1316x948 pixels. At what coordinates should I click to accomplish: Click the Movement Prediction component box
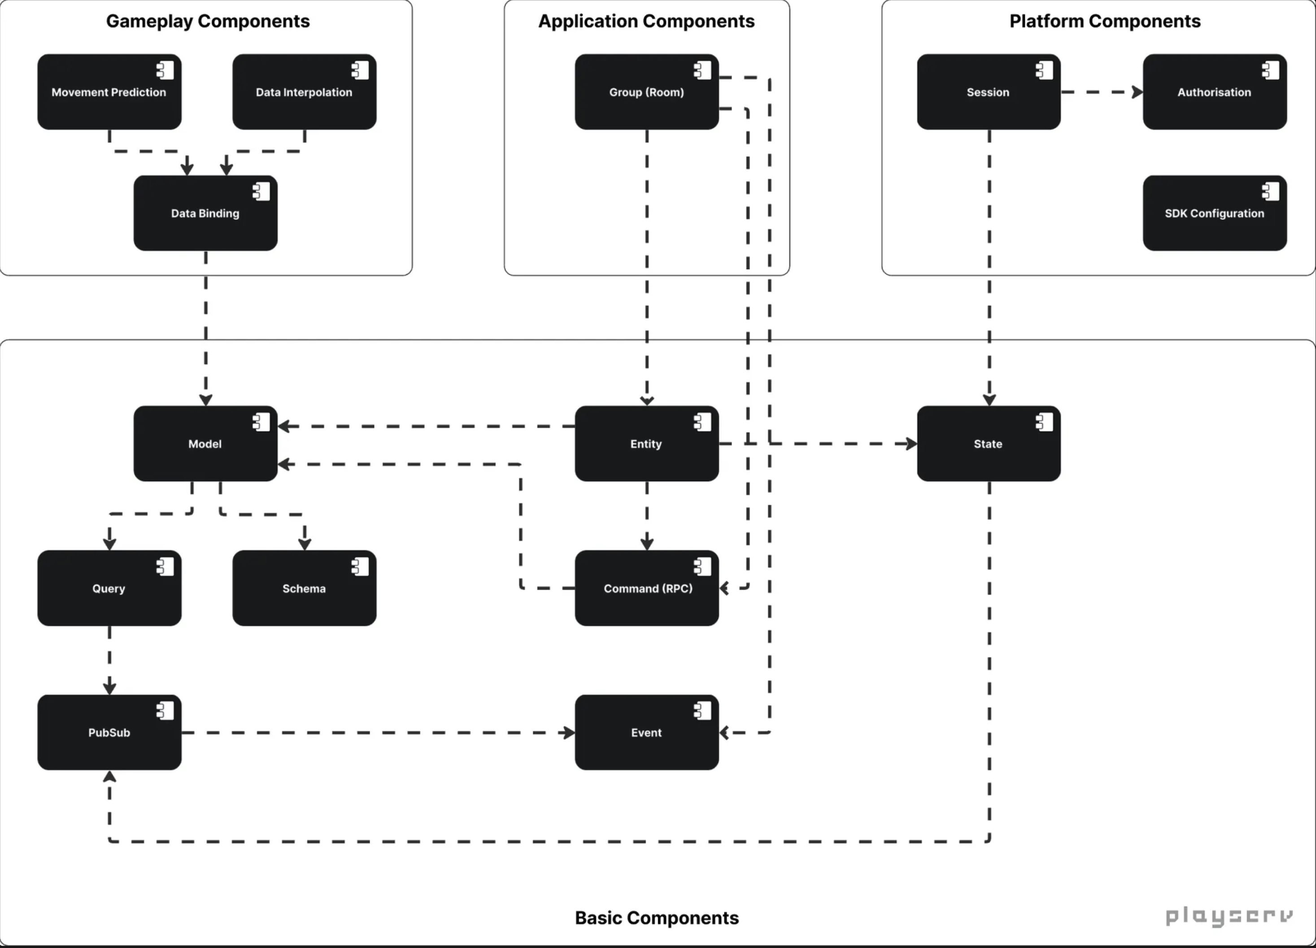tap(109, 91)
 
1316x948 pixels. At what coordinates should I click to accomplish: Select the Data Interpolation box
tap(304, 91)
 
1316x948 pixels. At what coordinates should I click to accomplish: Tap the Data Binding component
tap(205, 213)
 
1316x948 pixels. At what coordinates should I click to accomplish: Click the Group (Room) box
tap(646, 91)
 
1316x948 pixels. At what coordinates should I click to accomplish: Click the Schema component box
tap(304, 588)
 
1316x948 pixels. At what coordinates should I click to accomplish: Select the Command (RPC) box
tap(646, 588)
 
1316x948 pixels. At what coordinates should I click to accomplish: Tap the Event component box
tap(646, 732)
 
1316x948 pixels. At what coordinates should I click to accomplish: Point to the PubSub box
tap(109, 732)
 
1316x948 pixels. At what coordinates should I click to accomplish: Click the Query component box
tap(109, 588)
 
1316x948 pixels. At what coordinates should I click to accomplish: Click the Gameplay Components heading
tap(208, 22)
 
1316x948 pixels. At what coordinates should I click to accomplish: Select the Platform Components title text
tap(1104, 22)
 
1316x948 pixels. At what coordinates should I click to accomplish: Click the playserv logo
tap(1229, 917)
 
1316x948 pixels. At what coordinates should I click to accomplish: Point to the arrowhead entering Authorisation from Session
tap(1137, 91)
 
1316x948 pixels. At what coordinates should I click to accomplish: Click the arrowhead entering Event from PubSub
tap(569, 733)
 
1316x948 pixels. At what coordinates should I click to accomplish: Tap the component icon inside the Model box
tap(261, 422)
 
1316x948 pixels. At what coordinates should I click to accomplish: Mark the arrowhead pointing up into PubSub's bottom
tap(109, 776)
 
